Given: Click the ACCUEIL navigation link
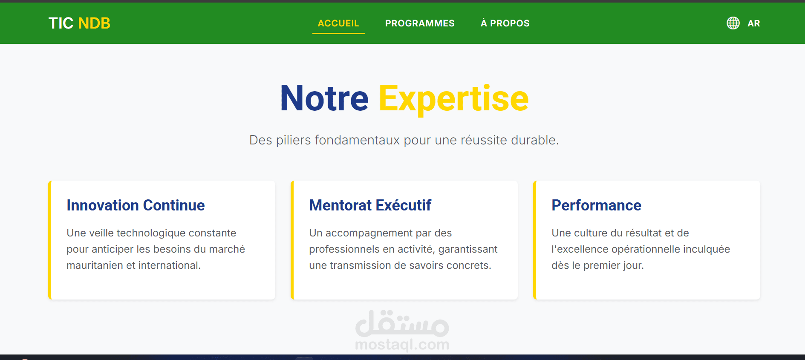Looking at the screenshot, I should click(338, 23).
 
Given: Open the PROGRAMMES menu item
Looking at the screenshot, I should click(420, 23).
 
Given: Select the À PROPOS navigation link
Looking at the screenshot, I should click(505, 23).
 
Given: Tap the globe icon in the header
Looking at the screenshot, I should click(733, 23).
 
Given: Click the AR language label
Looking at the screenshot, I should click(753, 23).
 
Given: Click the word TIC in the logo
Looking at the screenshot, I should click(61, 23).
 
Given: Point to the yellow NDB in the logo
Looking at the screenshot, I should click(94, 23).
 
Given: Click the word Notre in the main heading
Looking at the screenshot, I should click(324, 98).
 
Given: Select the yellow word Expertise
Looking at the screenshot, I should click(453, 98).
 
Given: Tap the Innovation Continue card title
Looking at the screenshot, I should click(136, 205).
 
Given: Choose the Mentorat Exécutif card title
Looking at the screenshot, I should click(370, 205).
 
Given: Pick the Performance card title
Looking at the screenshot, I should click(596, 205).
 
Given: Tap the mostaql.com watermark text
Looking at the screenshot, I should click(402, 344).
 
